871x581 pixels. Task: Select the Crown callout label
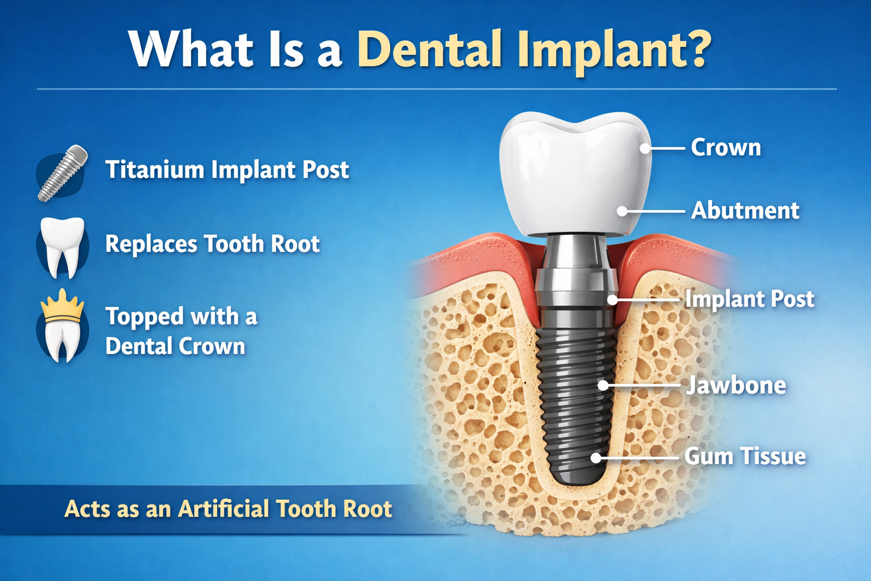[726, 148]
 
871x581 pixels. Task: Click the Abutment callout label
[745, 210]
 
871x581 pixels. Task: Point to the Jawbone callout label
[736, 386]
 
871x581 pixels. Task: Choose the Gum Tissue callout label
[745, 456]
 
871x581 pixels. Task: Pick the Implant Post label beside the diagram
[749, 299]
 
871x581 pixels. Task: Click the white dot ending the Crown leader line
[645, 149]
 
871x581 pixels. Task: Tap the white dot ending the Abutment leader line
[622, 211]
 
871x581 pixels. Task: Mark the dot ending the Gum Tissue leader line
[596, 457]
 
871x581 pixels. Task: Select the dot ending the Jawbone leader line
[603, 385]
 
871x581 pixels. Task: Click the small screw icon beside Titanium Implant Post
[62, 172]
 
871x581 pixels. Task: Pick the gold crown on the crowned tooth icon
[62, 305]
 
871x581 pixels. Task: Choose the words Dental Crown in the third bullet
[175, 346]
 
